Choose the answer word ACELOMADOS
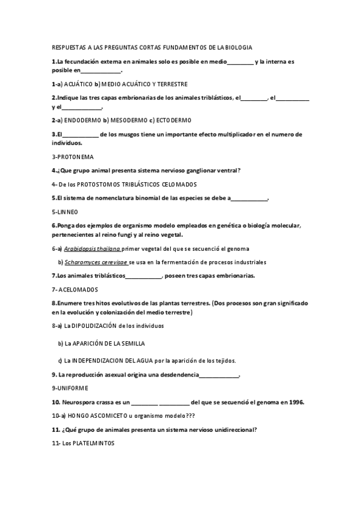click(79, 289)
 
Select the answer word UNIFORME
click(72, 387)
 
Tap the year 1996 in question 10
click(296, 402)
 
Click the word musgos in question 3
click(132, 134)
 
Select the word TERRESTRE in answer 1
click(170, 84)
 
